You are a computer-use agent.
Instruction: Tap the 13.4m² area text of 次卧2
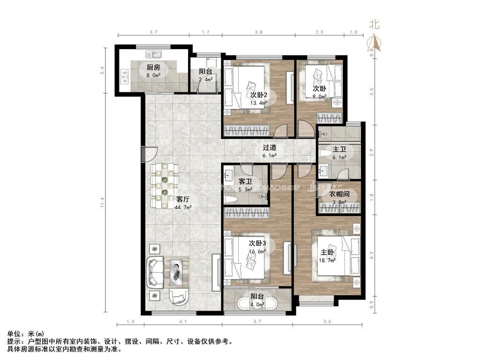(259, 103)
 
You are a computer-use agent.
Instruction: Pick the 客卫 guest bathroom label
(246, 181)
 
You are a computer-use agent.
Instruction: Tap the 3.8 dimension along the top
(258, 32)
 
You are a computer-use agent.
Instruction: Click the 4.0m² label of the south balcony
(257, 304)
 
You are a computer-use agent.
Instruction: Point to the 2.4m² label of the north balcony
(205, 80)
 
